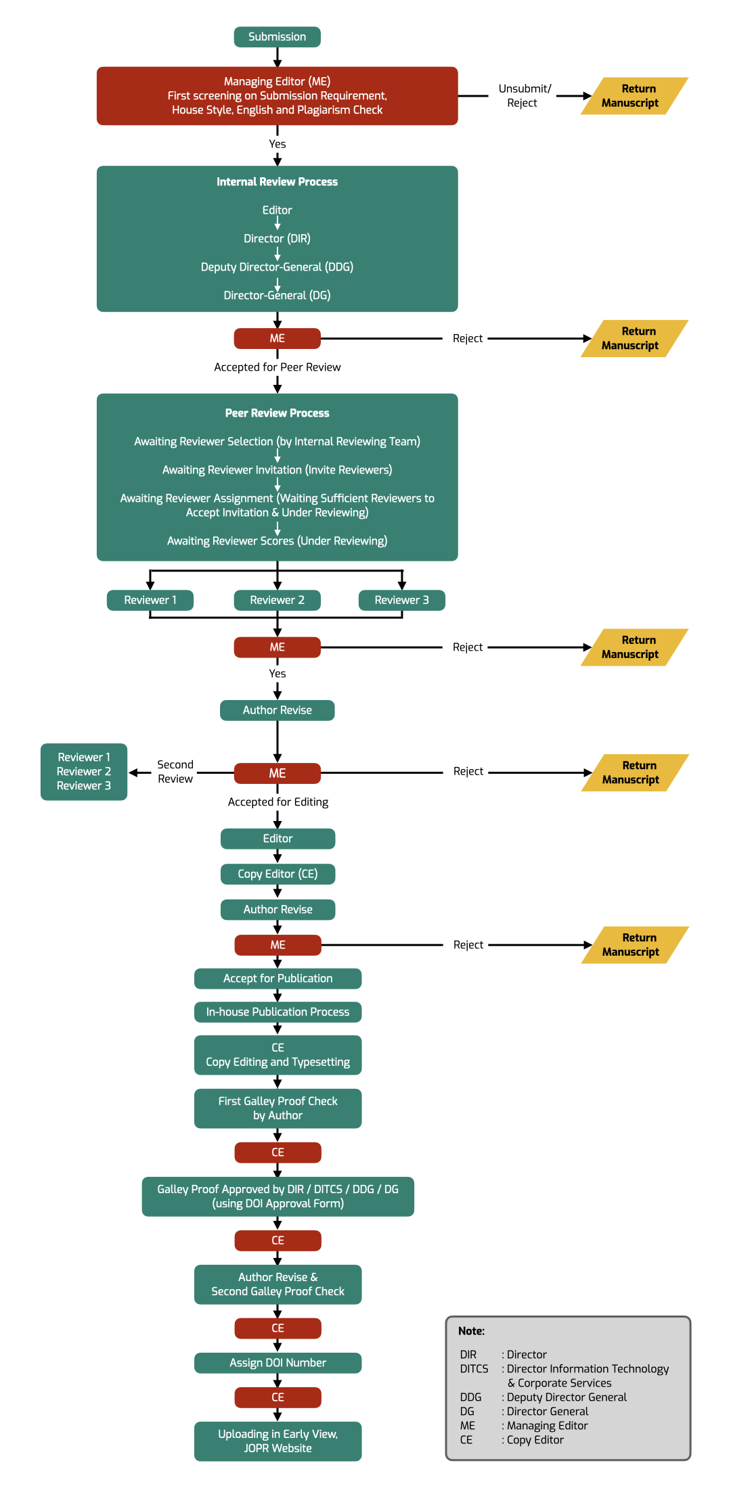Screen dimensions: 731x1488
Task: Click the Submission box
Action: (x=277, y=37)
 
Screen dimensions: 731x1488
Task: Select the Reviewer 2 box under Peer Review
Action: (x=277, y=600)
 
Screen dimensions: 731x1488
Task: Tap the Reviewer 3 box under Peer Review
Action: (x=401, y=600)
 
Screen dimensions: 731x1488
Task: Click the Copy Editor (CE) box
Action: (x=278, y=874)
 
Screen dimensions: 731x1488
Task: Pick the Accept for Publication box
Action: (x=278, y=978)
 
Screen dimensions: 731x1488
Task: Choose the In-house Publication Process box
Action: (x=278, y=1012)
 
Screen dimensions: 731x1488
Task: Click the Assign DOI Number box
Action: (x=278, y=1362)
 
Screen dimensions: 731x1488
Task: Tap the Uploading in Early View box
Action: (x=278, y=1441)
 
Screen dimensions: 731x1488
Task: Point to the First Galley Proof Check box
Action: (x=278, y=1108)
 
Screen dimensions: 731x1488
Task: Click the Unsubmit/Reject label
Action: (x=525, y=96)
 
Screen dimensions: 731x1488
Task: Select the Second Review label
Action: (x=175, y=772)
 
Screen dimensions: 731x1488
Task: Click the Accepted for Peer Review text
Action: (x=278, y=367)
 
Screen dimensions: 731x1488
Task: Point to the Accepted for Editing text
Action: (x=278, y=802)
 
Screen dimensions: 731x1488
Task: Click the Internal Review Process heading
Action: (x=277, y=182)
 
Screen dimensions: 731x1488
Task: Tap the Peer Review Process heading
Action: (x=277, y=413)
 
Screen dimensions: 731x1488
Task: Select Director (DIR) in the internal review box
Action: (x=277, y=239)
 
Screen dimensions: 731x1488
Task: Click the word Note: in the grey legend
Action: (x=471, y=1331)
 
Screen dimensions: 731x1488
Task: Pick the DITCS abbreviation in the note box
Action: (x=474, y=1369)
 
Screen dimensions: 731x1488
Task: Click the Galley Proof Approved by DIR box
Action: (x=278, y=1196)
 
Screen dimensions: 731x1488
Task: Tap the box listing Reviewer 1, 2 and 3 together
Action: (x=84, y=772)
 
